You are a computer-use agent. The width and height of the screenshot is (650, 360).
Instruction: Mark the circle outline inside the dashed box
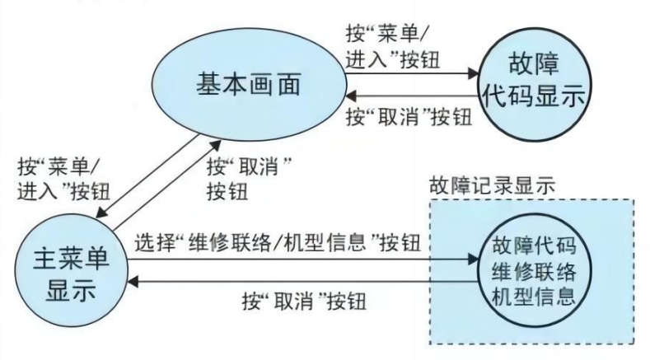[483, 272]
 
